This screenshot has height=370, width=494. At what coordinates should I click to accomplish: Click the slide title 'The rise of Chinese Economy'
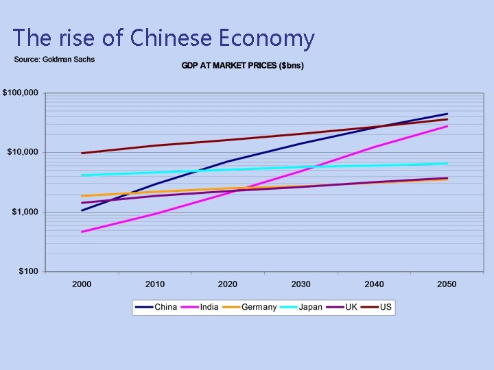163,38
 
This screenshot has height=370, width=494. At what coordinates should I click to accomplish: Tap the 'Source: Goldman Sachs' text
55,60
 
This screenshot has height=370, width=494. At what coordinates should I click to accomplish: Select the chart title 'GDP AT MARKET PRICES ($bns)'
242,66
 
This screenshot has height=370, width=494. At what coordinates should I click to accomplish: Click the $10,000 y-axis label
23,152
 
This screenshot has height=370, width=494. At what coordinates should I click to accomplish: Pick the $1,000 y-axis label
25,212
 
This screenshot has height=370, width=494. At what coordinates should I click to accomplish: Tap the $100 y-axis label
28,271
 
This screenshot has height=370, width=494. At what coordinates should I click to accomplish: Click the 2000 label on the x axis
82,284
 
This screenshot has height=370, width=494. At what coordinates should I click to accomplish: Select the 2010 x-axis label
154,284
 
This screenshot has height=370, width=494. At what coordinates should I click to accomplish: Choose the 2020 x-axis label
228,284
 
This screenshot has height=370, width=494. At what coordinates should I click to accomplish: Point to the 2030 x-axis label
301,284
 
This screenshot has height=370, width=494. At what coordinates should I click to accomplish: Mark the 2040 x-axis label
374,284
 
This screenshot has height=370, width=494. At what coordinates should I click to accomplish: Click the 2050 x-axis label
447,284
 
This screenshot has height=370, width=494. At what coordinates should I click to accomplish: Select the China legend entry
156,307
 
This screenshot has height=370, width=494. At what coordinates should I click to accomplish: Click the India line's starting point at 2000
82,232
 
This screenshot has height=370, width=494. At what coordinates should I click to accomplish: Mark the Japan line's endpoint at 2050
447,163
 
